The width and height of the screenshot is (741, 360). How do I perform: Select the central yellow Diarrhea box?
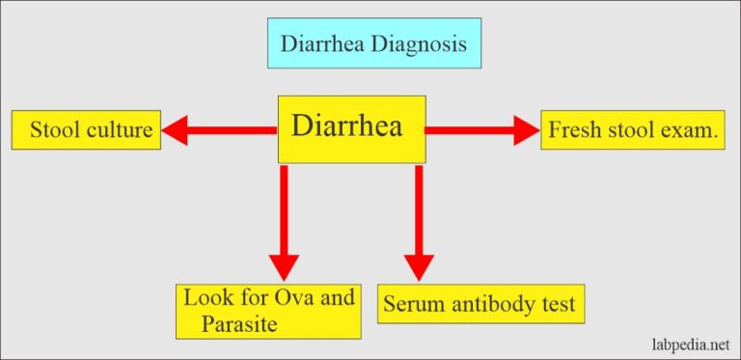(351, 128)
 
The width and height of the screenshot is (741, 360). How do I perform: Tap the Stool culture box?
(86, 130)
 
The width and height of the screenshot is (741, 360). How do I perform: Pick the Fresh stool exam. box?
(634, 130)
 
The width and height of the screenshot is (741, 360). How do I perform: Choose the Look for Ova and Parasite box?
(268, 310)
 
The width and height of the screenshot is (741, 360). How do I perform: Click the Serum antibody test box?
(480, 304)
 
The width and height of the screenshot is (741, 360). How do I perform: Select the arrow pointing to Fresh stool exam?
(482, 130)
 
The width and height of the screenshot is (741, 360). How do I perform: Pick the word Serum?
(411, 304)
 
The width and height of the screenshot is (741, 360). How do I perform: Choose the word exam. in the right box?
(696, 130)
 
